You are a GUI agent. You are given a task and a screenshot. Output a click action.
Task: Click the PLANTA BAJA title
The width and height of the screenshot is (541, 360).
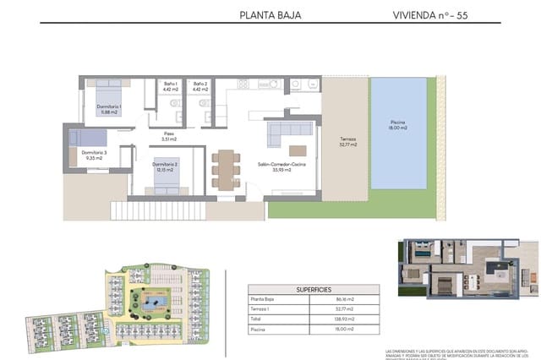(x=270, y=14)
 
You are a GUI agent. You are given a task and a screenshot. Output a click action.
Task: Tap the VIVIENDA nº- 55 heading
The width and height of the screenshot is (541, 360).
(x=430, y=14)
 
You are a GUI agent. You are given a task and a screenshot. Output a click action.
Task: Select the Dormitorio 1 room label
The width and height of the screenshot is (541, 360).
(x=108, y=109)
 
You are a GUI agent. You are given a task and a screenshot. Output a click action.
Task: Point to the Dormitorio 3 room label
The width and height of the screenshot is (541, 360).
(x=94, y=155)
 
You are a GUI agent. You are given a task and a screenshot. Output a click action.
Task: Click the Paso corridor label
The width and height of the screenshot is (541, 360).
(x=169, y=136)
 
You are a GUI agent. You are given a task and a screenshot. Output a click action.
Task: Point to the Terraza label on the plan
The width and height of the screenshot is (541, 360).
(x=348, y=142)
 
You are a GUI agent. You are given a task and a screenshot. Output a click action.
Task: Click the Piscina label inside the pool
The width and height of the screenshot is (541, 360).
(x=397, y=125)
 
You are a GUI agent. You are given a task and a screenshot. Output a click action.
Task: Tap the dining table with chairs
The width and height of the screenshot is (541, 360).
(x=225, y=168)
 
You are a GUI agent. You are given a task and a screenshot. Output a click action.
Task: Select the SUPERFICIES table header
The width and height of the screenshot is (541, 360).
(x=313, y=289)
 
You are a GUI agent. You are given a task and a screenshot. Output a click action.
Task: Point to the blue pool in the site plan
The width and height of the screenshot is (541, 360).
(x=156, y=302)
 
